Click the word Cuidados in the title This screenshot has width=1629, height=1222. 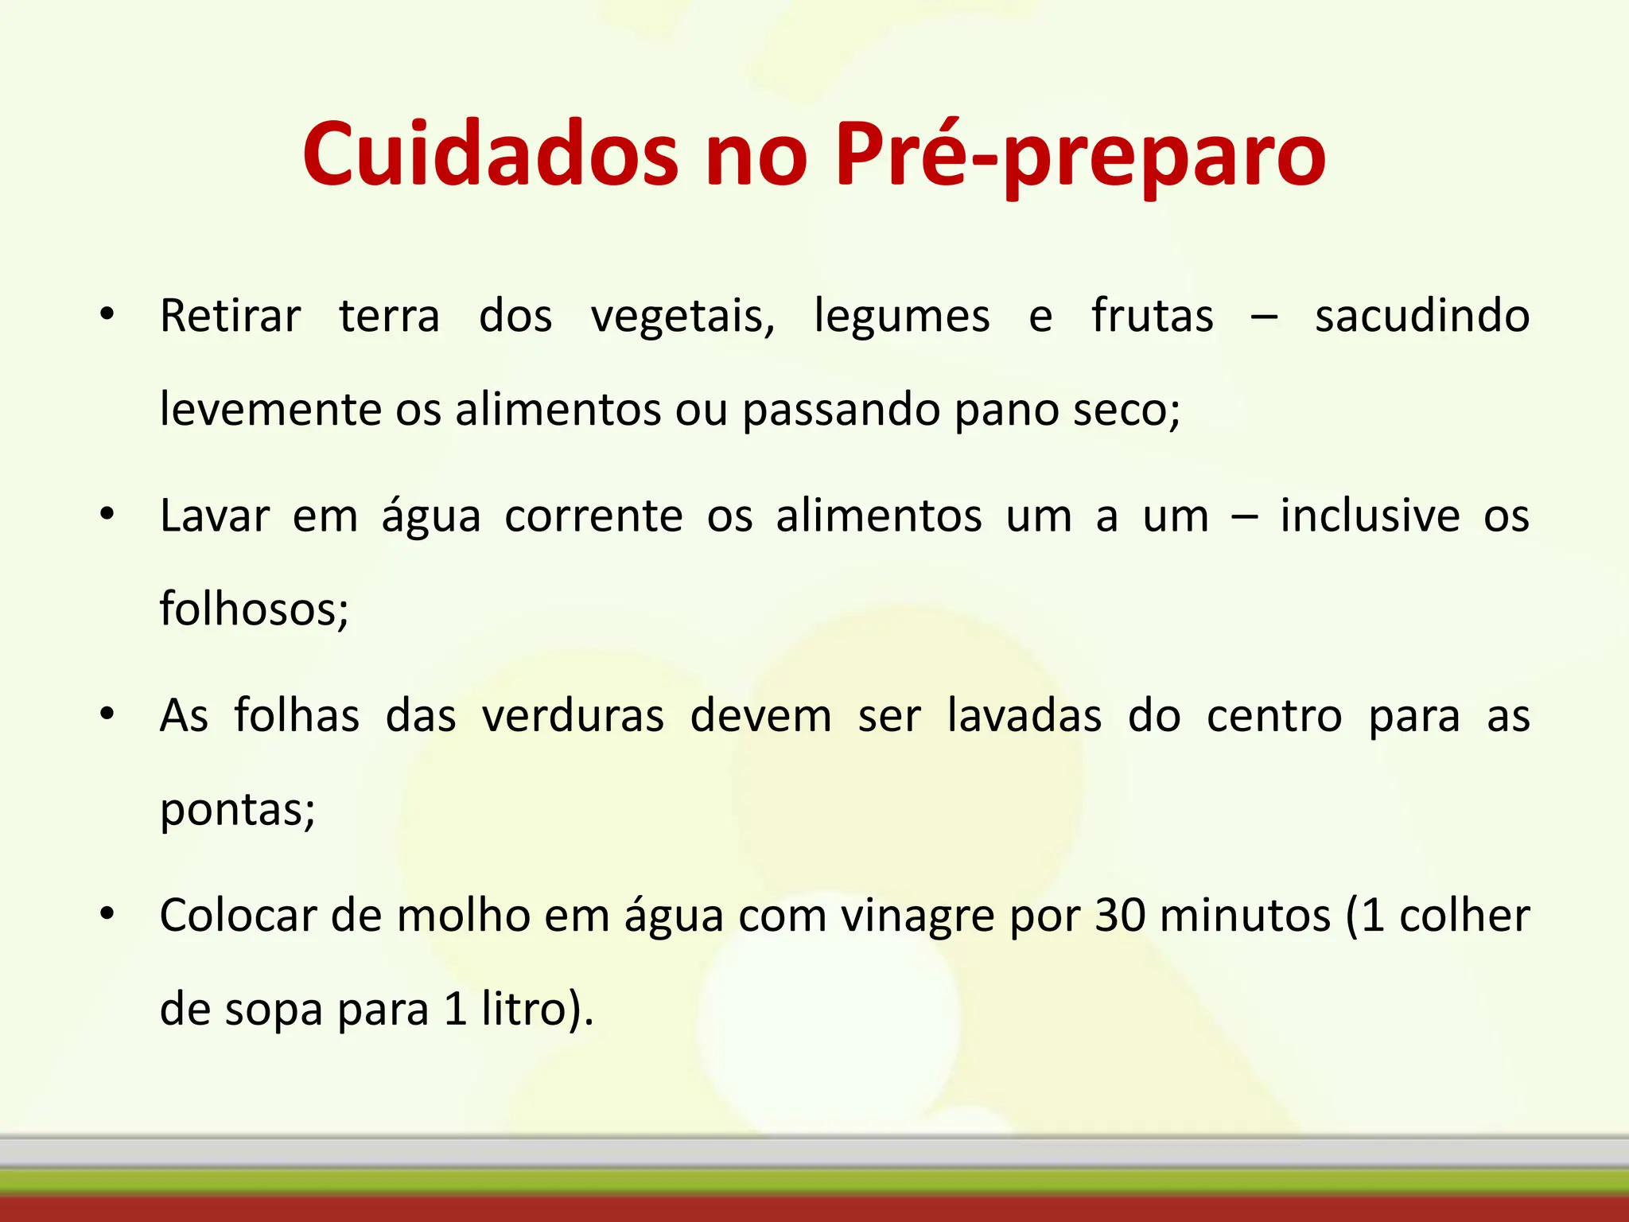point(490,154)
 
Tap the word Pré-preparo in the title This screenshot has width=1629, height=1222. point(1080,156)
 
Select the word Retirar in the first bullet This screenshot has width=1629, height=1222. point(230,316)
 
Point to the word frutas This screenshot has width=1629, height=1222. point(1152,316)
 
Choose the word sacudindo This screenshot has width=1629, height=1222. point(1421,316)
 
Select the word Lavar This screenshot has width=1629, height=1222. point(215,516)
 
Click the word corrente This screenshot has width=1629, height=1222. point(593,516)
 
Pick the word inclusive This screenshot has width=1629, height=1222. point(1370,516)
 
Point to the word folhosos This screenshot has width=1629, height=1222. point(253,610)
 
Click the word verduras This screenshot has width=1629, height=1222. point(573,716)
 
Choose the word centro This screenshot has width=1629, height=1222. point(1274,716)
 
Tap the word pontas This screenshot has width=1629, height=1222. point(236,811)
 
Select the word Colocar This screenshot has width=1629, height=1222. point(238,916)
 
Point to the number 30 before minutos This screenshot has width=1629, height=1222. point(1121,916)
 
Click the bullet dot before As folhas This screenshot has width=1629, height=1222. point(107,714)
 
